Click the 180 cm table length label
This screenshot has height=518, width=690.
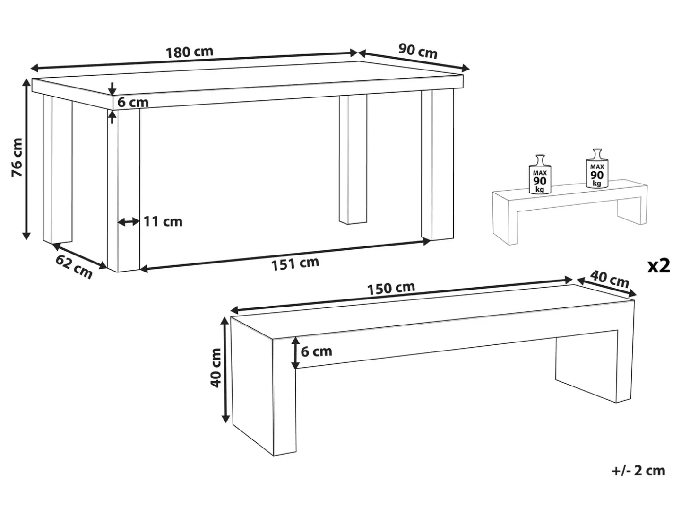coord(189,52)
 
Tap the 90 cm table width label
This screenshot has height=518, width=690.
coord(418,51)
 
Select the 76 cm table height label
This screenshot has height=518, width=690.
coord(17,157)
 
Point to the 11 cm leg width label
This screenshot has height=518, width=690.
coord(163,222)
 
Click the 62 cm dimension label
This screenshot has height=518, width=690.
coord(74,267)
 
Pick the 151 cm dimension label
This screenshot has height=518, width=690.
coord(295,263)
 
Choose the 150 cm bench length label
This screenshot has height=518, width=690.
coord(391,288)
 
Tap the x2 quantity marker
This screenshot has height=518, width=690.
coord(658,266)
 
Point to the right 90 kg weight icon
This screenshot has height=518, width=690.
coord(597,168)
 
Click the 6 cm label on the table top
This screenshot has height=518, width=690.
coord(133,103)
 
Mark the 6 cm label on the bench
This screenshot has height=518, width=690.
coord(316,351)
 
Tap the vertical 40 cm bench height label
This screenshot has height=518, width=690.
coord(216,368)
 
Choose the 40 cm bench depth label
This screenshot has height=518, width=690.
coord(610,279)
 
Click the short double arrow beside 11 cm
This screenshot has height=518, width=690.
coord(129,222)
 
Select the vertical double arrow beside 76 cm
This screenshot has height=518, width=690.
coord(26,159)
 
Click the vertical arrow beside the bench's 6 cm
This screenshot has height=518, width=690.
coord(295,352)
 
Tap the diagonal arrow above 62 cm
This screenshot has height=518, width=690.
coord(80,256)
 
